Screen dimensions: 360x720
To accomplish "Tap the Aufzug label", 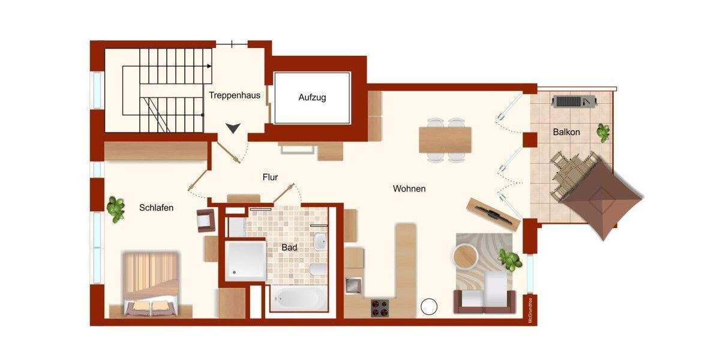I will point(312,97).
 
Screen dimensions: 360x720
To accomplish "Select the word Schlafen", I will point(156,208).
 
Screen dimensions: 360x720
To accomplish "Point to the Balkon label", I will point(566,132).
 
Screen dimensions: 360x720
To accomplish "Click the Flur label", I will point(270,177).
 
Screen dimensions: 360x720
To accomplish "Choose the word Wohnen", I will point(409,188).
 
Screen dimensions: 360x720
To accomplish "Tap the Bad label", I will point(289,247).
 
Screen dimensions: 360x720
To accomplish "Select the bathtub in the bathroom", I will point(298,298).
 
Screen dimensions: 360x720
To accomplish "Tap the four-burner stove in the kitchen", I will point(379,307).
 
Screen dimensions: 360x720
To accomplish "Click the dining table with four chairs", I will point(445,139).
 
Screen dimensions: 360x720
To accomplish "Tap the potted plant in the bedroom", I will point(115,208).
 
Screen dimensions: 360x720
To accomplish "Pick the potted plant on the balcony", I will point(602,132).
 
